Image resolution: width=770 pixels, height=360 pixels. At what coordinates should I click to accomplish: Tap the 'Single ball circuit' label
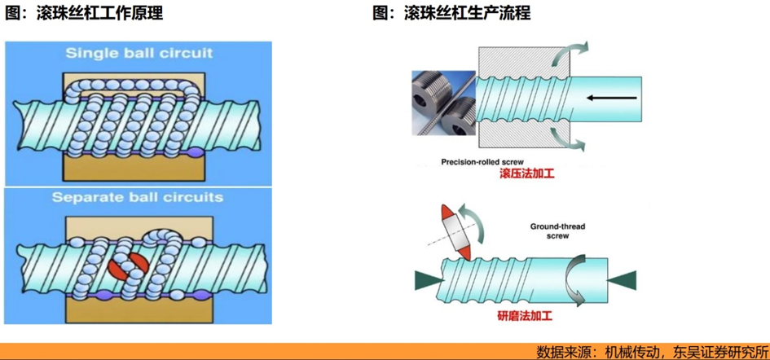[140, 53]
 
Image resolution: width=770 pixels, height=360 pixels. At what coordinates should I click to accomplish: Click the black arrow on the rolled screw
[610, 99]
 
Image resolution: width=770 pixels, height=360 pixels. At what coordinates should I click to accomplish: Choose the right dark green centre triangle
[623, 279]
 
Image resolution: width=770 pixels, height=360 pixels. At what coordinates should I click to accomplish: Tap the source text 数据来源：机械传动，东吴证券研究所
[651, 352]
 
